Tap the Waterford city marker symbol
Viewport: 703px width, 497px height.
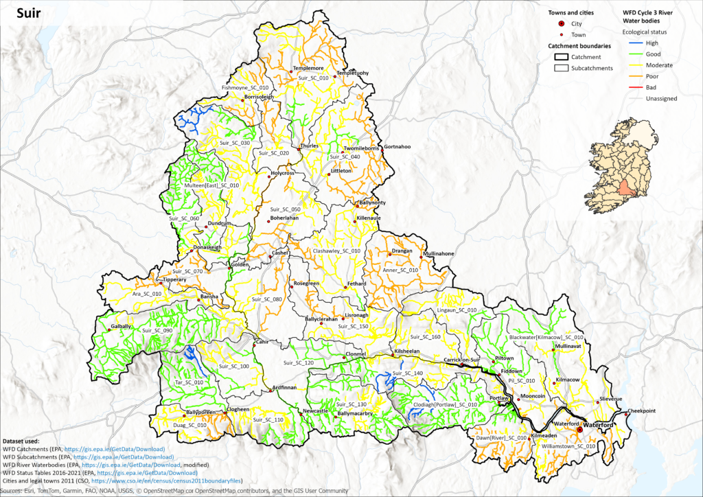579,429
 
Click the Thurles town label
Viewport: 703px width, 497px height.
310,146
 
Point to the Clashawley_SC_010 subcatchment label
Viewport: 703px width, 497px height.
336,251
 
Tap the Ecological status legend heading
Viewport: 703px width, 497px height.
644,32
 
